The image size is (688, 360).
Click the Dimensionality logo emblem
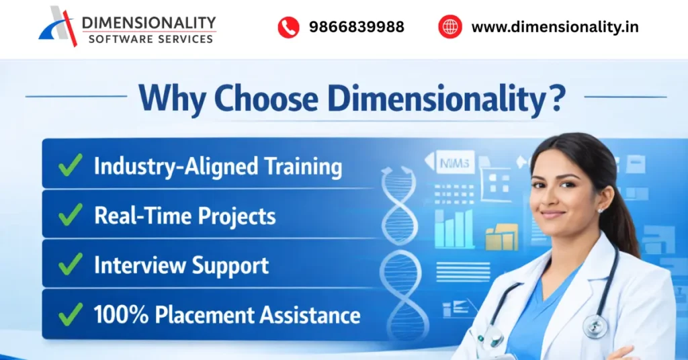click(58, 26)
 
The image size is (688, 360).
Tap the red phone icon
click(288, 28)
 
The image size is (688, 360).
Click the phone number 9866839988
click(356, 28)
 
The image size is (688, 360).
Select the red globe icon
click(449, 28)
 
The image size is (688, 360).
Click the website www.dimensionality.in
click(554, 28)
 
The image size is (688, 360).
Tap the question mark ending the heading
click(555, 98)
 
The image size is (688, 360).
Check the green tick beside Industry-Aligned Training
click(70, 165)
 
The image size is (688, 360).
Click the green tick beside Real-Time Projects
click(70, 215)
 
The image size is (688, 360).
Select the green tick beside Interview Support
click(70, 265)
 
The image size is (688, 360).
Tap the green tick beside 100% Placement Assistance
click(70, 314)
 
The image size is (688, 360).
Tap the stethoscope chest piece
click(595, 326)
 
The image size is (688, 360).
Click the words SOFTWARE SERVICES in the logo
click(150, 39)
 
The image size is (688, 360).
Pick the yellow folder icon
click(501, 237)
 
